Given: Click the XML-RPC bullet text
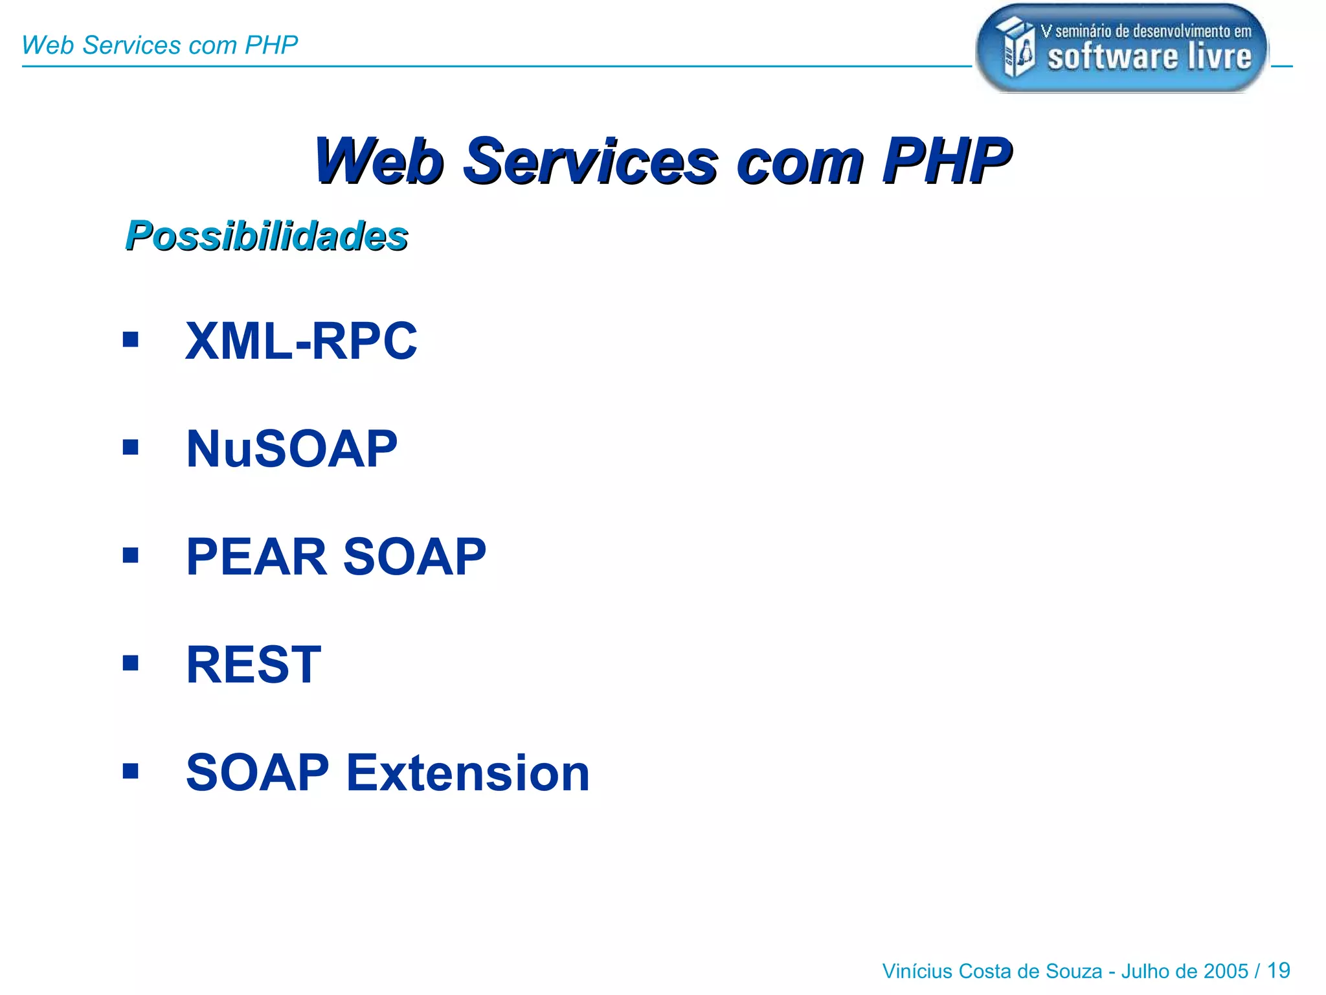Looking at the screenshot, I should point(301,341).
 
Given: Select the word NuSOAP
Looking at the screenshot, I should point(291,449).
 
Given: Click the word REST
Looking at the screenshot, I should point(254,665).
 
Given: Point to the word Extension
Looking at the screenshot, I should point(468,773).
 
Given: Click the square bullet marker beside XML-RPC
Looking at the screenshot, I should point(131,339).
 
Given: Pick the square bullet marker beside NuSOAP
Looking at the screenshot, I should point(131,447).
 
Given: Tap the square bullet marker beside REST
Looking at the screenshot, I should point(131,663).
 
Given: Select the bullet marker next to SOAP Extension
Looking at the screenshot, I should point(131,771).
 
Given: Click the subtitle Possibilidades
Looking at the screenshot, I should point(266,235).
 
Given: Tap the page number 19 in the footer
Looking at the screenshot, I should point(1278,970).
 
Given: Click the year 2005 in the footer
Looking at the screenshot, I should point(1226,971).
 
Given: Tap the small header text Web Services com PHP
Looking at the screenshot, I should point(159,45).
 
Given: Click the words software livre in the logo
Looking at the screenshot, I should point(1149,57).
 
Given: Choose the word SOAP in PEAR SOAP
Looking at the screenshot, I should point(414,557).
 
